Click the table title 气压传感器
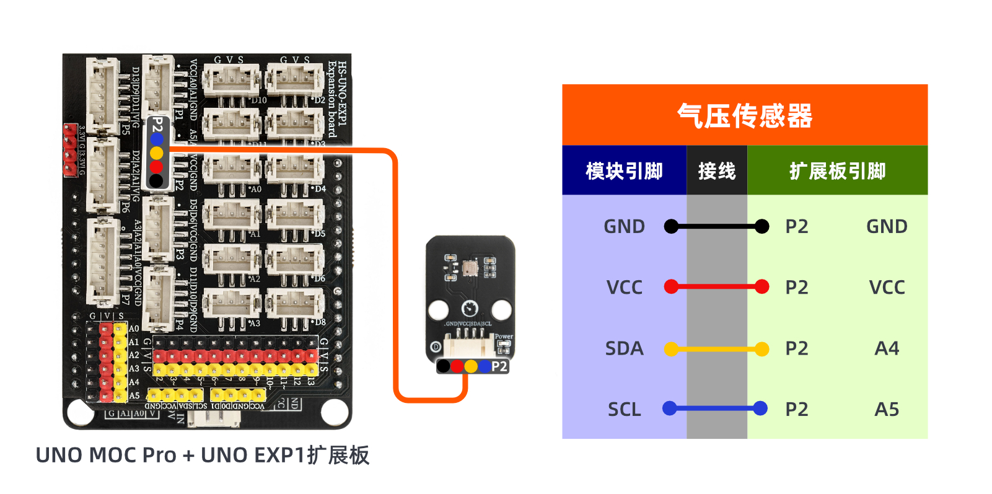coord(744,116)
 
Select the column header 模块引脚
coord(624,171)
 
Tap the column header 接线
coord(716,171)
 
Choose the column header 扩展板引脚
coord(837,171)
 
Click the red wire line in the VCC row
coord(716,287)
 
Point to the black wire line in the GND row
coord(716,227)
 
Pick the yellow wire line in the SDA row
coord(716,350)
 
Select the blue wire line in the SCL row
coord(716,408)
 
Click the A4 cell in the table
coord(887,348)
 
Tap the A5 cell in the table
coord(887,409)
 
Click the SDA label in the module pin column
coord(624,348)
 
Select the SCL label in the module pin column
coord(624,409)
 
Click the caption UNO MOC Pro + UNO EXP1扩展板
coord(203,455)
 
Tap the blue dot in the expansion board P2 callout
coord(157,139)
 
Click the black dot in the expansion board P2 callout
coord(157,180)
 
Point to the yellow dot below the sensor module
coord(471,366)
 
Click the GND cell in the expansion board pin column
coord(887,227)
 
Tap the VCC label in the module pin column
coord(624,288)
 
